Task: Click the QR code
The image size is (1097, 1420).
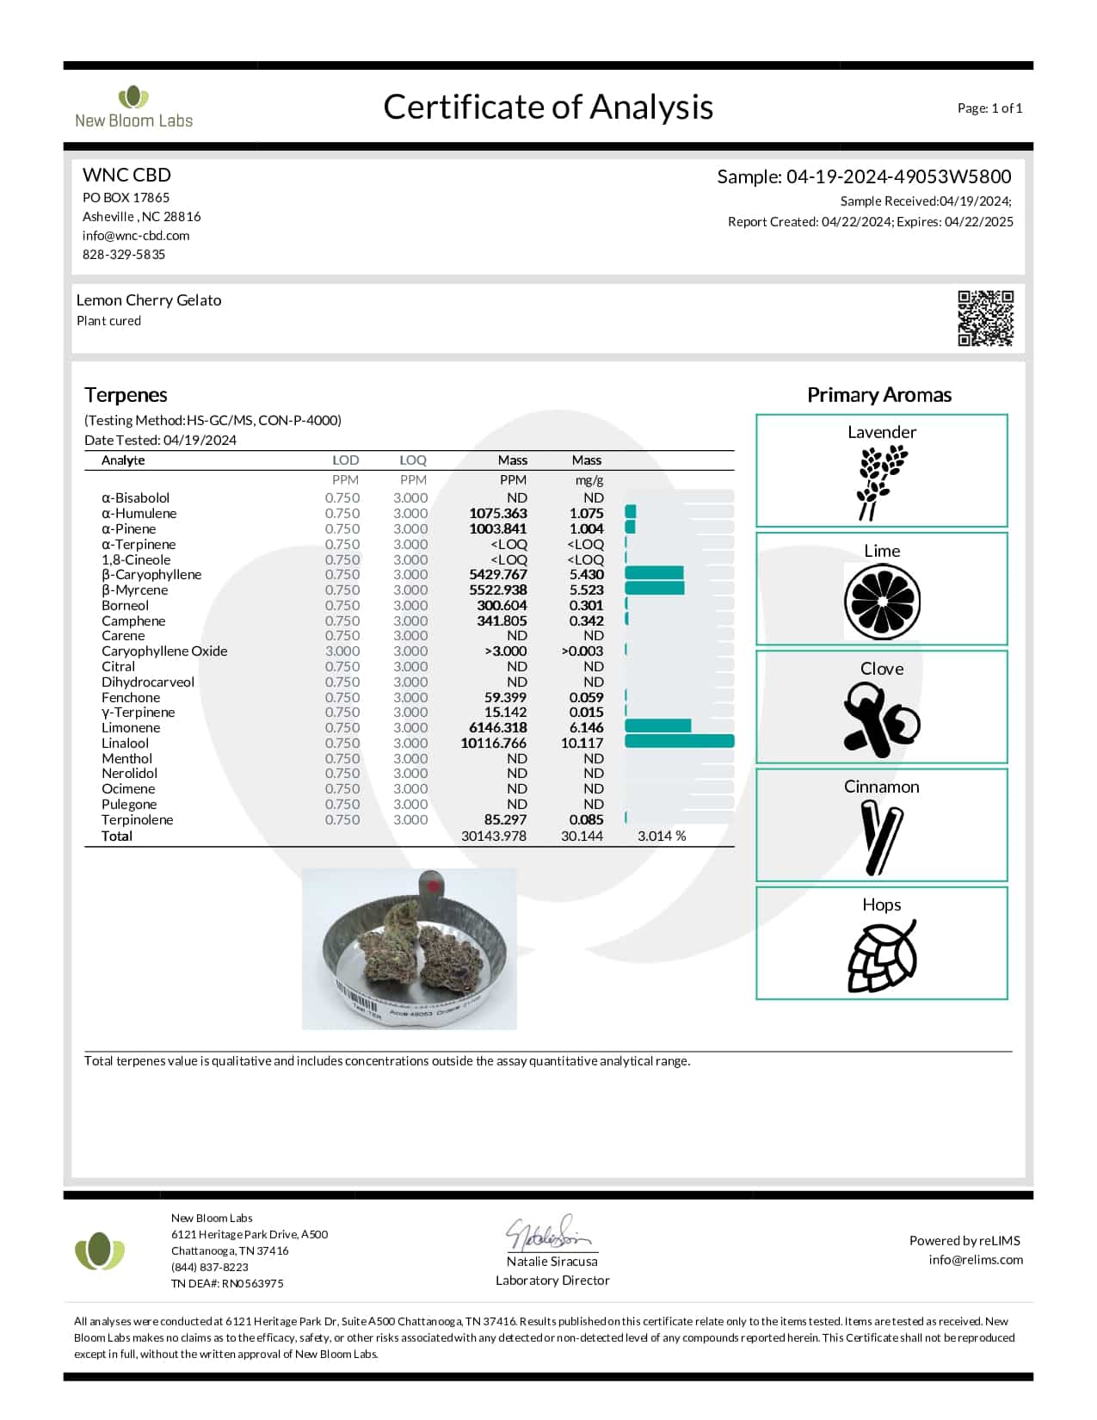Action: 985,318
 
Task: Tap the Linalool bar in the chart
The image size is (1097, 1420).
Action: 679,742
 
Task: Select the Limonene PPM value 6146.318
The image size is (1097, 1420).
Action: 497,727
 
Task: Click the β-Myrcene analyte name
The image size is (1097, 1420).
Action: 134,590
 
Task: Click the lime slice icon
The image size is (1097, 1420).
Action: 882,602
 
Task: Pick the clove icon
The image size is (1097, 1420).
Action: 880,719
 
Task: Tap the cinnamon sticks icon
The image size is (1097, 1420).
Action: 881,837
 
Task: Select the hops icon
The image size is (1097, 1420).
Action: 881,955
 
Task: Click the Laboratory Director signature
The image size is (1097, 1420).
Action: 550,1234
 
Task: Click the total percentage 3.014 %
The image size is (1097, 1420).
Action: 662,836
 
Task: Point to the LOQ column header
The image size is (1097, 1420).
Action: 413,460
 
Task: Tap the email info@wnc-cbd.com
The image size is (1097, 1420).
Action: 136,235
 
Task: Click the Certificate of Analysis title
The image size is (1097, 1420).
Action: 548,107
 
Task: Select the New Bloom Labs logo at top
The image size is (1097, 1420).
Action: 133,108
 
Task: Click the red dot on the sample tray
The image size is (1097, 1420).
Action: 433,884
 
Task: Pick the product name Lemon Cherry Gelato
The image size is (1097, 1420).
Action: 149,300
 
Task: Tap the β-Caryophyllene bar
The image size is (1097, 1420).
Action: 654,574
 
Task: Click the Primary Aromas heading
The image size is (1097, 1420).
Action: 878,395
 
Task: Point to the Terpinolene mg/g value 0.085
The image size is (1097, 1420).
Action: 586,819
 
